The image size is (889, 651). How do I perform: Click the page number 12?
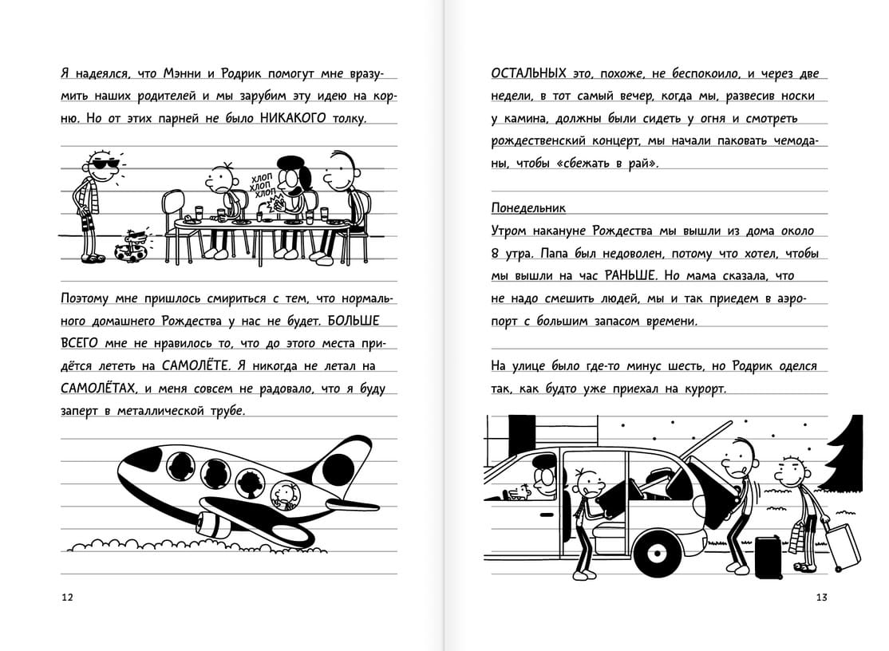67,598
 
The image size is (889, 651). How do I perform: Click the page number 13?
821,598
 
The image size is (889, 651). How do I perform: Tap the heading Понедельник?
527,208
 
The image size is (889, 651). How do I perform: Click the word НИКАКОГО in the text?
293,118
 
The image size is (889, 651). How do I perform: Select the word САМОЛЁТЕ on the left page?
196,365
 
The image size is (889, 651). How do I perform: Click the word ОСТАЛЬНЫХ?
528,73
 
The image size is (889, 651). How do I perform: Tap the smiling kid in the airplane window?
286,494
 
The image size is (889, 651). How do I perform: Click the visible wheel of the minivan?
658,552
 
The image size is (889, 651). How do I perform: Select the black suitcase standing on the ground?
768,557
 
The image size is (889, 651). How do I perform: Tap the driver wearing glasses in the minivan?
545,475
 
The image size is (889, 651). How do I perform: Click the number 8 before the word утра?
496,254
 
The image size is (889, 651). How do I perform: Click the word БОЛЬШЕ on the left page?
353,321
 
